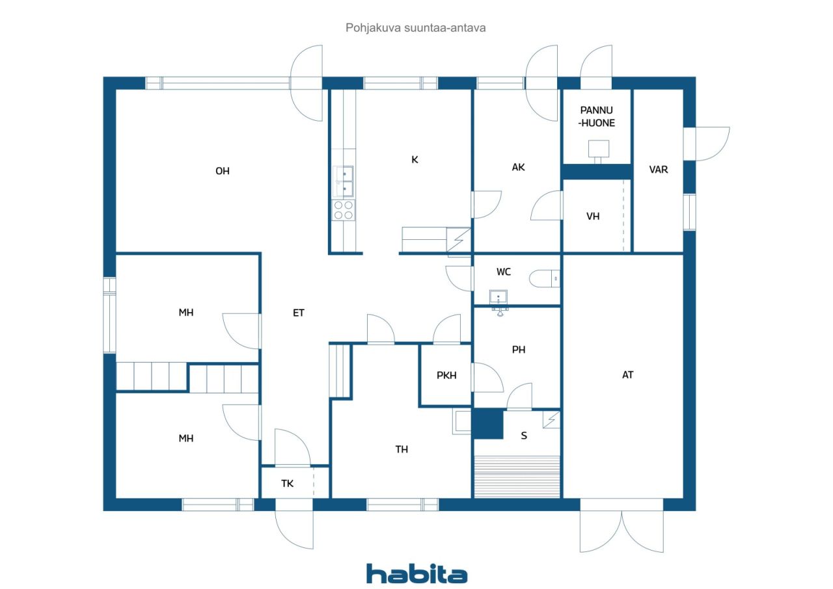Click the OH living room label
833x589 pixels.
[223, 171]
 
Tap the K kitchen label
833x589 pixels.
[415, 160]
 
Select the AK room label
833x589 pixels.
[518, 167]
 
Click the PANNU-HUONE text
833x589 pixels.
[597, 116]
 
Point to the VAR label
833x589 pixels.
[658, 170]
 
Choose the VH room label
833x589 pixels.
[593, 216]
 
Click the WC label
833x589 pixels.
[504, 272]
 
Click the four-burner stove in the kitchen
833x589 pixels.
[343, 210]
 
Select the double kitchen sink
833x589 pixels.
[343, 182]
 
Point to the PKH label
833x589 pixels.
[446, 376]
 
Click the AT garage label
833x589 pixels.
[628, 374]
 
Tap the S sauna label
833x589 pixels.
[524, 436]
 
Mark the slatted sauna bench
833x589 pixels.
[517, 477]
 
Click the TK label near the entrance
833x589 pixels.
[287, 483]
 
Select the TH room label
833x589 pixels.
[402, 449]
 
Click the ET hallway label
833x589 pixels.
[299, 313]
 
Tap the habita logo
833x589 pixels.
[417, 574]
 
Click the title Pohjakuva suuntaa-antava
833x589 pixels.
[415, 28]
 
